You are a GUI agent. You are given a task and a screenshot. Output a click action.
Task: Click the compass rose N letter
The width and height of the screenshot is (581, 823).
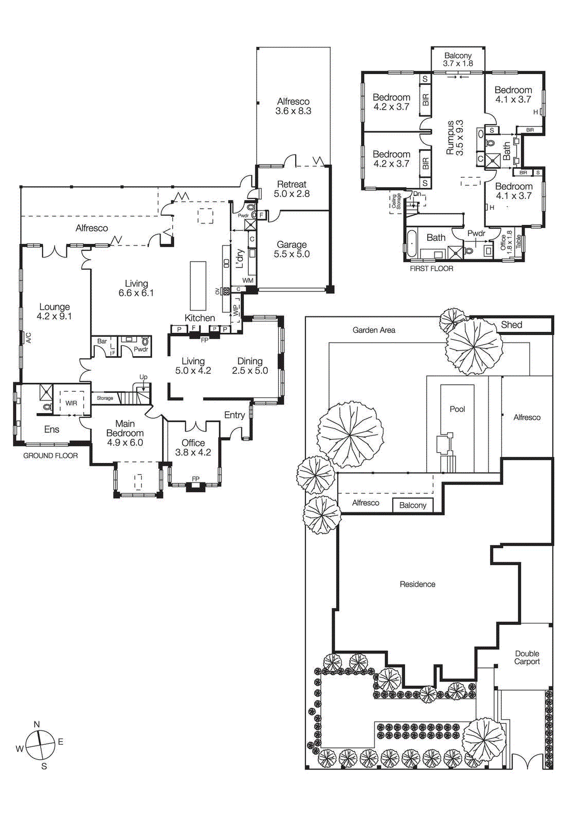[x=37, y=724]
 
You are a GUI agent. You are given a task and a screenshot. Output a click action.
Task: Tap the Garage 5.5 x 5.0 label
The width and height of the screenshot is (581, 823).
[x=292, y=249]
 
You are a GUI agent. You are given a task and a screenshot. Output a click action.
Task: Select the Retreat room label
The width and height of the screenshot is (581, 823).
[x=292, y=184]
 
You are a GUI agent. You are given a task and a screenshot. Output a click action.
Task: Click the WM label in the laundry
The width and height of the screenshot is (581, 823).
[x=248, y=280]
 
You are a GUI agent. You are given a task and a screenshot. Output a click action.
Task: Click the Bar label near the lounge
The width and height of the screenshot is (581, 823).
[x=102, y=341]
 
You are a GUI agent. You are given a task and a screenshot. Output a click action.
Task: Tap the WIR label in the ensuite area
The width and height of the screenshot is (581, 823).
[x=71, y=403]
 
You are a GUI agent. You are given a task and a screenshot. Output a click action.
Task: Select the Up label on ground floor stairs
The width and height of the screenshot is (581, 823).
[x=143, y=377]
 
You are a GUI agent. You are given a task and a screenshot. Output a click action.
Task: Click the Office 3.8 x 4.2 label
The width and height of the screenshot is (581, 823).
[x=193, y=448]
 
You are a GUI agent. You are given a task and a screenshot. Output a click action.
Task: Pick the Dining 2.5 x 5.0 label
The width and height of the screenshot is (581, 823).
[x=250, y=366]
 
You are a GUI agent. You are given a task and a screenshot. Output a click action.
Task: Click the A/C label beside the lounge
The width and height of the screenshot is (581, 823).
[x=29, y=338]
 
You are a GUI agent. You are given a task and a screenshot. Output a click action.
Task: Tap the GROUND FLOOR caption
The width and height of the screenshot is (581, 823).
[x=50, y=456]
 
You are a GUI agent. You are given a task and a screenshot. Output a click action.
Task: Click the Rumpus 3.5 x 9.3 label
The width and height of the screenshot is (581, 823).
[x=455, y=138]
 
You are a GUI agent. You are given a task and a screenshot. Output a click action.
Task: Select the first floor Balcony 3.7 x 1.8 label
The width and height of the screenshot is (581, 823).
[x=458, y=59]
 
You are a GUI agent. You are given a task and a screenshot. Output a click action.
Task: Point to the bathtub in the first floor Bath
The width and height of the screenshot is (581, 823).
[x=412, y=244]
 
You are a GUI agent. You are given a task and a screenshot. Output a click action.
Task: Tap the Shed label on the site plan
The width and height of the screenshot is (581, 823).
[x=511, y=325]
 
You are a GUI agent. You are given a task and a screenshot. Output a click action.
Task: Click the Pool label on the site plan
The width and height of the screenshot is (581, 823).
[x=457, y=409]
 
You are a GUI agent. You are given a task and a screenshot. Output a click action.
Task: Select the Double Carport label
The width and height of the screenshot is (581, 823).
[x=527, y=657]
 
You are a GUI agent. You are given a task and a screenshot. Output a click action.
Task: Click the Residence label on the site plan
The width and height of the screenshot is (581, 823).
[x=417, y=584]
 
